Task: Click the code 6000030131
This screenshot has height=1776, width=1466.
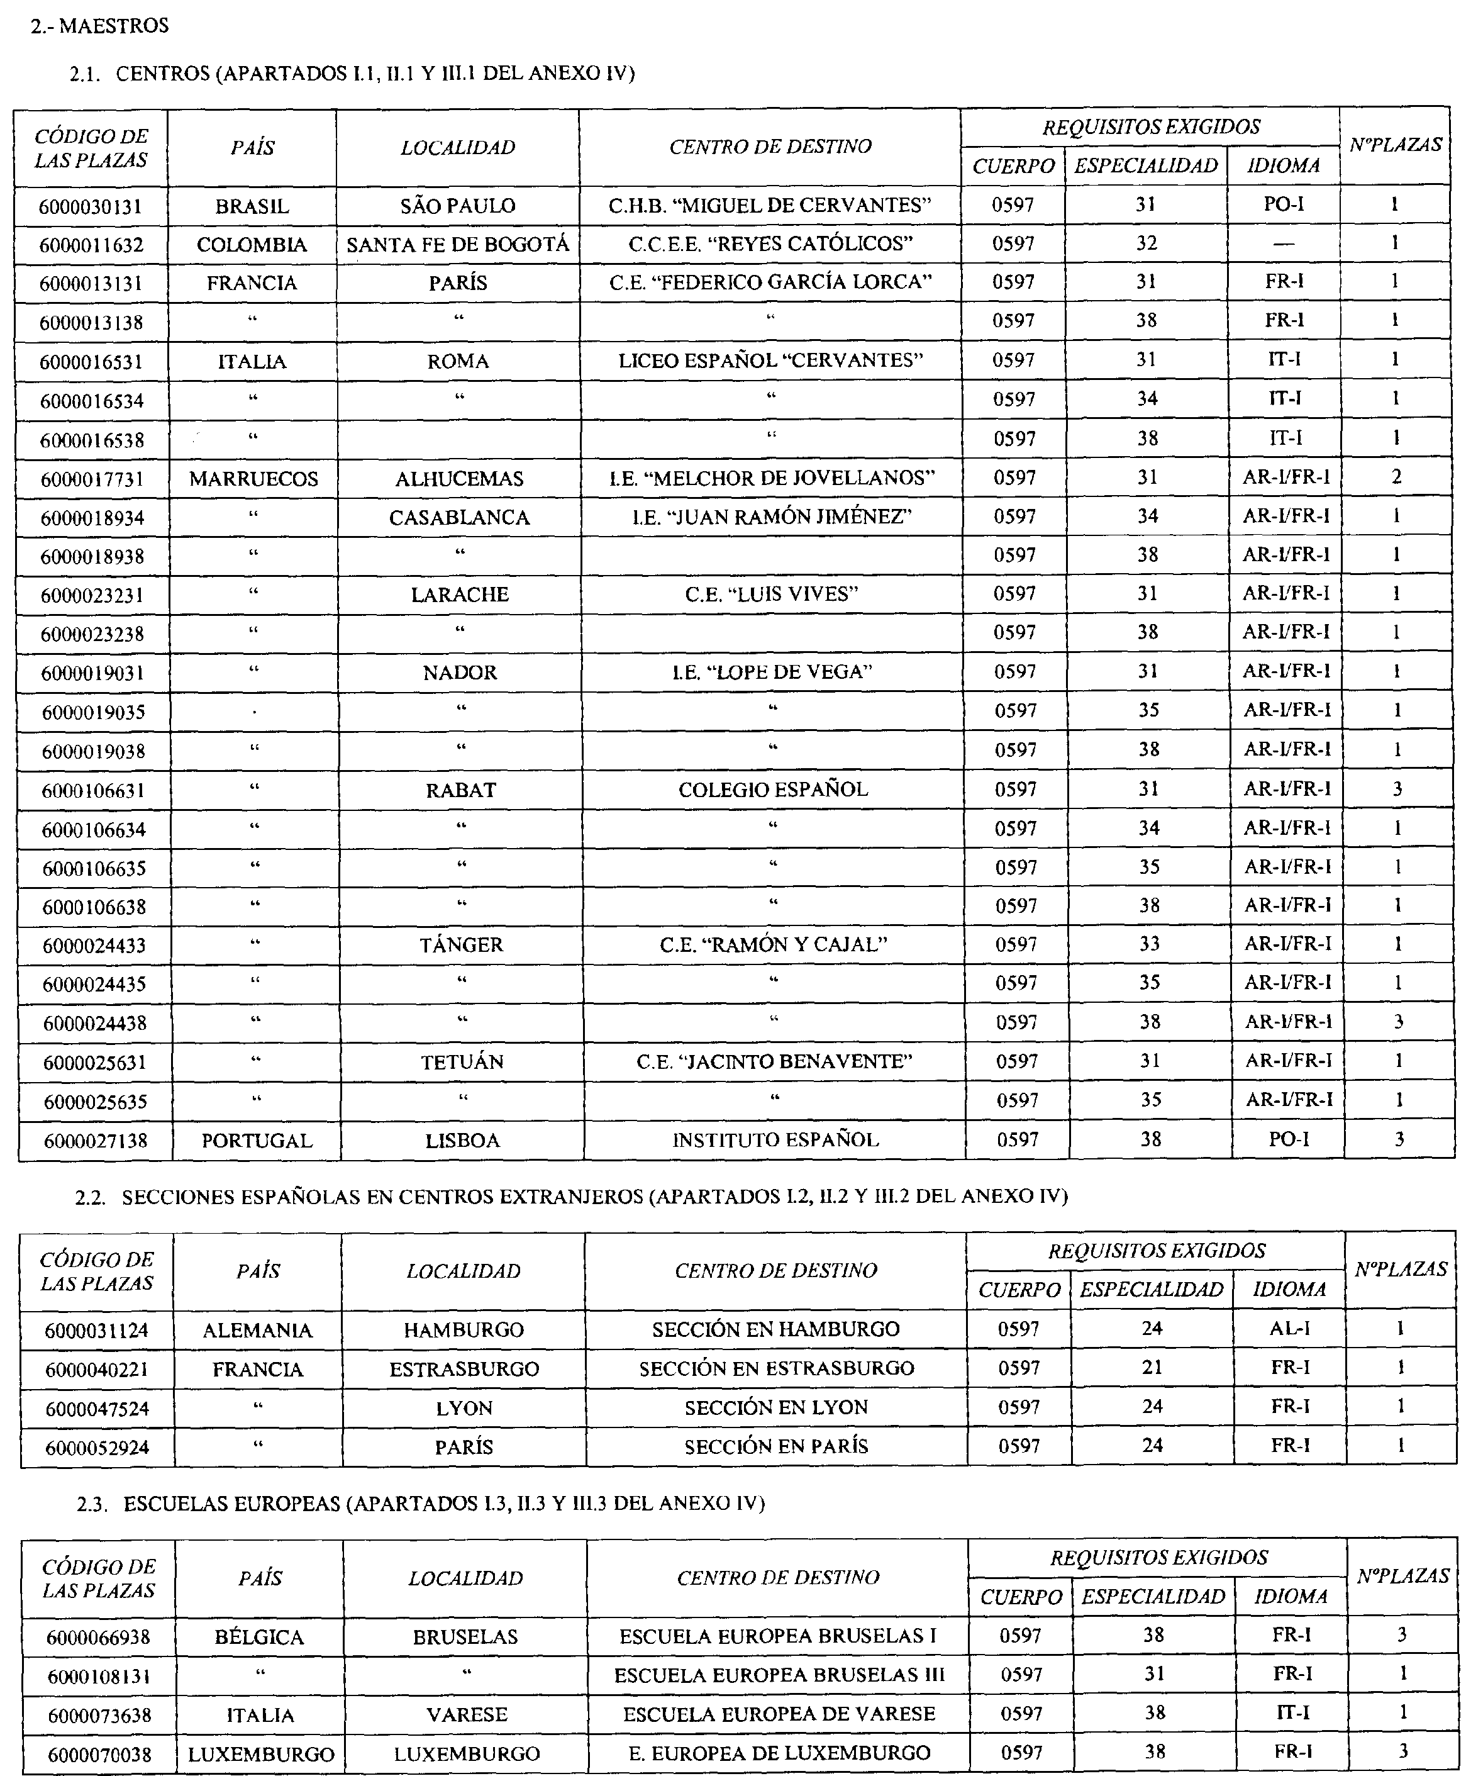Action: point(91,207)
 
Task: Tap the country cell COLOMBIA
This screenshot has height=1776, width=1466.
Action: point(252,245)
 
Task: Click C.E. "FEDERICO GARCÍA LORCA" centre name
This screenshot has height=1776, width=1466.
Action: point(770,282)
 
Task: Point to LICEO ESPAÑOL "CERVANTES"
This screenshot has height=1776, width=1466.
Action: point(770,360)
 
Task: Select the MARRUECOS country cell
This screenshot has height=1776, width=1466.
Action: point(253,479)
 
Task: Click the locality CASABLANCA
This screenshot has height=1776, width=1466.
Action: point(459,518)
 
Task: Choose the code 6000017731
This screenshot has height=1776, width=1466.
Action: point(92,479)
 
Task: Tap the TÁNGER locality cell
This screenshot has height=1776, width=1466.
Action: point(461,945)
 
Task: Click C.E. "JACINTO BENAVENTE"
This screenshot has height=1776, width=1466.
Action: point(774,1061)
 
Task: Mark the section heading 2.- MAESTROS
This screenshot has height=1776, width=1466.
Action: point(99,26)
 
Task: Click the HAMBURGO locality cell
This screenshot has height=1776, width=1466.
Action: point(464,1330)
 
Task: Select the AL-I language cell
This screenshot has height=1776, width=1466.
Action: point(1289,1329)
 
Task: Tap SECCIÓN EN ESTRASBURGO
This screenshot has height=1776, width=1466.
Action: point(776,1368)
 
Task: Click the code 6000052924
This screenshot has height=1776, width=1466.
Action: point(97,1448)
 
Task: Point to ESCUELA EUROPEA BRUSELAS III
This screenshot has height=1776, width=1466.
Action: point(779,1675)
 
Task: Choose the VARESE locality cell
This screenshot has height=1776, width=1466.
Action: point(466,1714)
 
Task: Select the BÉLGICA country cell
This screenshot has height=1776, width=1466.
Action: point(259,1637)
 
